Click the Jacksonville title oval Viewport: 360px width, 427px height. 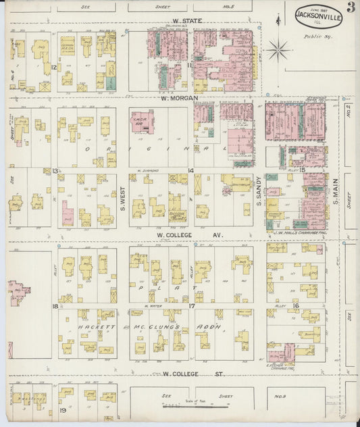click(318, 16)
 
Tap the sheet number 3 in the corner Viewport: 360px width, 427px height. click(351, 8)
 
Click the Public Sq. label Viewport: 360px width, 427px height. click(313, 38)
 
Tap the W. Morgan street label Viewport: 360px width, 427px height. click(179, 99)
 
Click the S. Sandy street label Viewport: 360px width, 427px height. click(259, 189)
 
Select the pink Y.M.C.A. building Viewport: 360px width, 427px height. click(142, 122)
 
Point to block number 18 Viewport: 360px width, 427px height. click(54, 306)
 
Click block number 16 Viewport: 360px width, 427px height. click(297, 306)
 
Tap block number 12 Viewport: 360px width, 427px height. click(53, 68)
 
